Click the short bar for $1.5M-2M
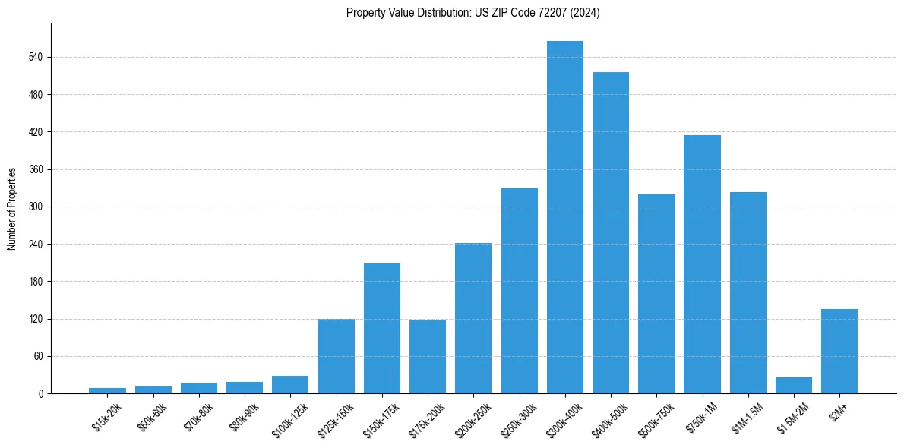click(794, 386)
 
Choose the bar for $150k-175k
click(382, 328)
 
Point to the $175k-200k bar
click(428, 357)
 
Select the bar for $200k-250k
click(473, 318)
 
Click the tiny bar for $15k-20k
click(108, 390)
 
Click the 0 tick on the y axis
click(42, 393)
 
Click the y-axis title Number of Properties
click(11, 208)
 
